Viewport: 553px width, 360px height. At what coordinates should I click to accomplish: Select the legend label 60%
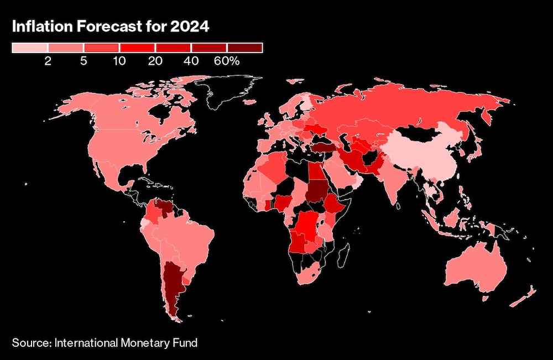point(227,61)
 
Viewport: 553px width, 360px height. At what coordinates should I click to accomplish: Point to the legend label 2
point(48,61)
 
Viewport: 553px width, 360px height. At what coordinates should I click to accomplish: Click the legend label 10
point(119,61)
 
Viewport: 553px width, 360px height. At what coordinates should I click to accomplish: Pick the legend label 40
point(191,61)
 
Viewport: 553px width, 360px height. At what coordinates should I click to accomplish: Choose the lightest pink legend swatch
point(30,48)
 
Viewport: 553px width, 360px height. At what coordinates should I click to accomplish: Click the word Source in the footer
point(31,343)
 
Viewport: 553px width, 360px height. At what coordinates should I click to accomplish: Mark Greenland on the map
point(227,91)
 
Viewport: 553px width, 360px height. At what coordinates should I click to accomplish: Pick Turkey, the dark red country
point(324,148)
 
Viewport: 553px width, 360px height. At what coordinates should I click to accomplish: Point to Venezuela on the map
point(164,210)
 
